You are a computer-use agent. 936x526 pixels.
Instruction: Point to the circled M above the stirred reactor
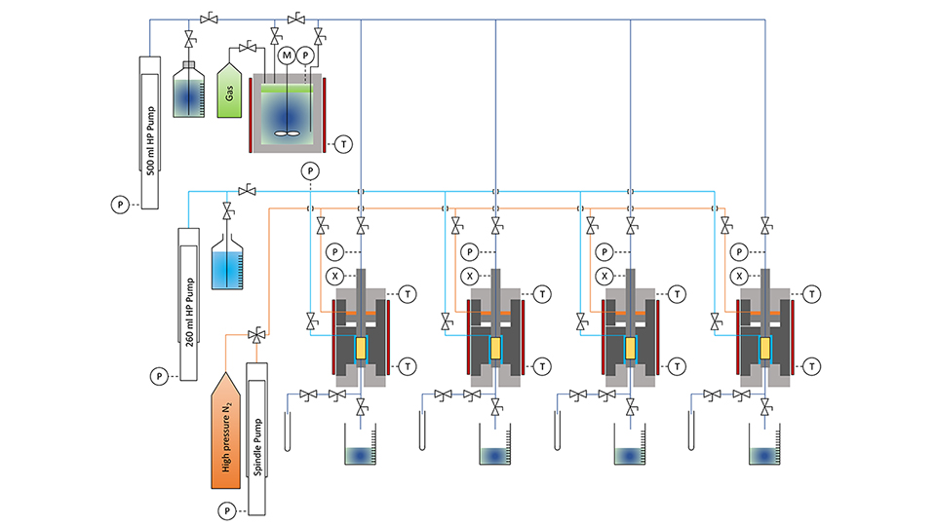click(x=287, y=56)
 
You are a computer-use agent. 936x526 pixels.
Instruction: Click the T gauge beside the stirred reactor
click(x=343, y=144)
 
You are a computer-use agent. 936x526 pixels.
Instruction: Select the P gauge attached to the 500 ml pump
click(x=120, y=205)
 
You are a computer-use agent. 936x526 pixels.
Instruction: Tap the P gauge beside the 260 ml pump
click(x=158, y=375)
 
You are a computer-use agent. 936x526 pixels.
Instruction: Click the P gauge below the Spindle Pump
click(x=227, y=509)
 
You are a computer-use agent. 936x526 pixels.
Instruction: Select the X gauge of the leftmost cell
click(x=334, y=276)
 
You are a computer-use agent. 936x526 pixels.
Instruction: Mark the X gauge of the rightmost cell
click(x=740, y=276)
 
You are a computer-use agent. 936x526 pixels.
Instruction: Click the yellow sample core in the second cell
click(x=496, y=348)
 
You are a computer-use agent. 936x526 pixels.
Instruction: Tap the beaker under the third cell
click(x=631, y=451)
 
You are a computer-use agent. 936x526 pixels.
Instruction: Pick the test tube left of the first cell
click(x=289, y=427)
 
